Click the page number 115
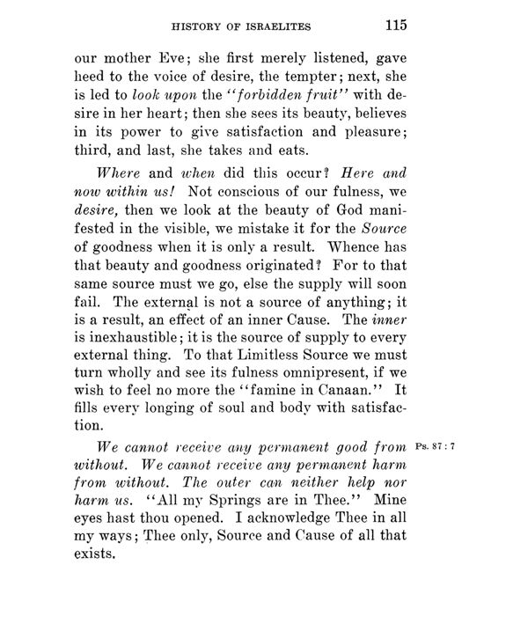tap(392, 26)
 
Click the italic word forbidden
tap(268, 97)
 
